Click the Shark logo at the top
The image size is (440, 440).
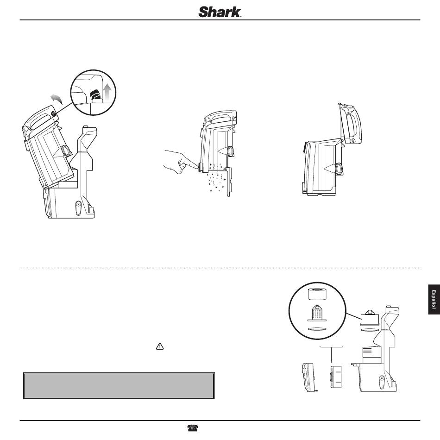(x=220, y=12)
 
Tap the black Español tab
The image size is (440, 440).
(x=434, y=300)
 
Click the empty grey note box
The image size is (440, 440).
(x=119, y=385)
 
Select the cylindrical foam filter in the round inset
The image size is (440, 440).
(x=318, y=295)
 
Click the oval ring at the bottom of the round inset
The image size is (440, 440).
(x=318, y=329)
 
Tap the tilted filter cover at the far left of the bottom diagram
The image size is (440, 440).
(x=308, y=377)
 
